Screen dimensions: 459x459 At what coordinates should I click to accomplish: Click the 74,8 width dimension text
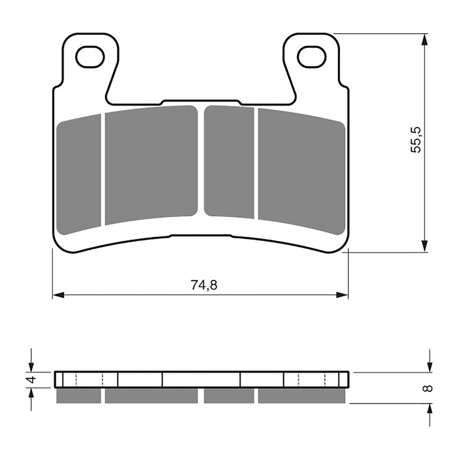[x=204, y=285]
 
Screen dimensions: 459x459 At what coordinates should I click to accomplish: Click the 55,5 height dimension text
[x=416, y=140]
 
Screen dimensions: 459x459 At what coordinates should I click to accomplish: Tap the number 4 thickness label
[x=30, y=380]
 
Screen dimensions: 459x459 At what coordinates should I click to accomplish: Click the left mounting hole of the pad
[x=90, y=57]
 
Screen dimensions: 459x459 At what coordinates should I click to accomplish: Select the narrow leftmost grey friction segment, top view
[x=79, y=175]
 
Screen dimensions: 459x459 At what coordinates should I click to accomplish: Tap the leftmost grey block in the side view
[x=78, y=395]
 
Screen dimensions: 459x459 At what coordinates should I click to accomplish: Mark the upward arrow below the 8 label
[x=430, y=409]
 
